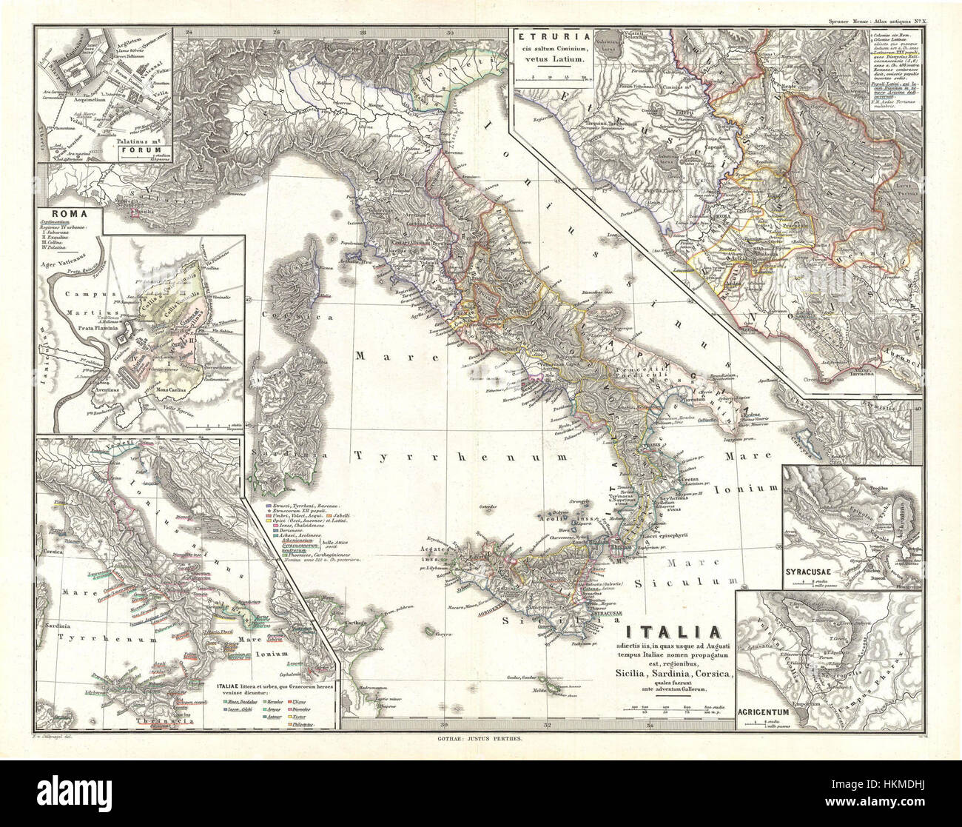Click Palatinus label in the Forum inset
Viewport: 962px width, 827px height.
(127, 136)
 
